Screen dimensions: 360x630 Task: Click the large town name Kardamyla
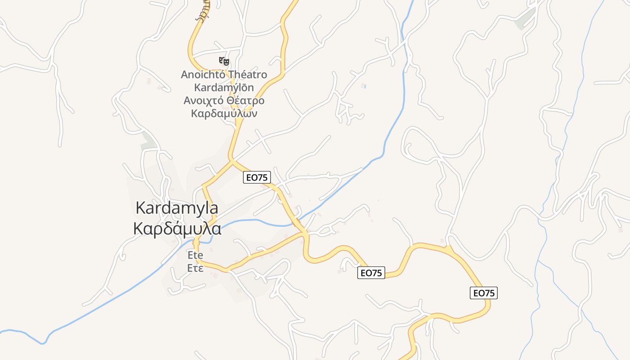(x=177, y=208)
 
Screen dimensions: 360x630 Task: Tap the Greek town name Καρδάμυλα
(x=177, y=228)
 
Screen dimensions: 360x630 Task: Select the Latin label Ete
(x=195, y=255)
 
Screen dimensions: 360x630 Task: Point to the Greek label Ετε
(x=195, y=268)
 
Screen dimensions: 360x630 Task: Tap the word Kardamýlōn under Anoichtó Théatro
(x=224, y=87)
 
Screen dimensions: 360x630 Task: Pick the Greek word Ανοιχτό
(x=204, y=100)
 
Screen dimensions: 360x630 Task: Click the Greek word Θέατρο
(x=246, y=100)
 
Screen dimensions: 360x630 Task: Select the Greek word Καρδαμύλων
(x=224, y=113)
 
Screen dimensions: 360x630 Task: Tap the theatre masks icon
(x=224, y=60)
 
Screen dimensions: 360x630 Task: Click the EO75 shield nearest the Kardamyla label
(x=257, y=177)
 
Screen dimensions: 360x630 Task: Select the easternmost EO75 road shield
(x=484, y=293)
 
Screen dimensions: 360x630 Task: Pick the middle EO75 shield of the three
(x=371, y=273)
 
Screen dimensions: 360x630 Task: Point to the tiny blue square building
(x=364, y=86)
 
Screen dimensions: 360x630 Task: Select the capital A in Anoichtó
(x=184, y=75)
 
